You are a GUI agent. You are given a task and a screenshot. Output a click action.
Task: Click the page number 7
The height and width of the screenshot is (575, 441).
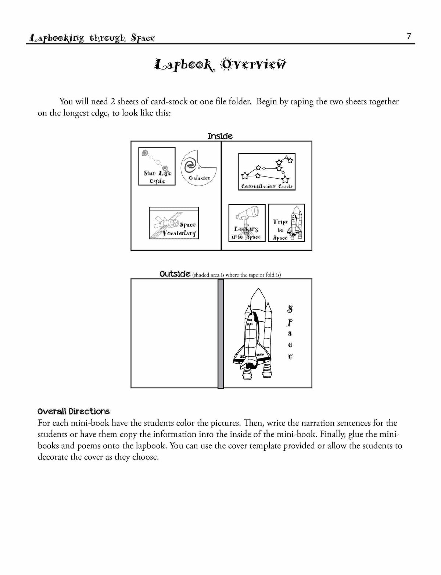[409, 36]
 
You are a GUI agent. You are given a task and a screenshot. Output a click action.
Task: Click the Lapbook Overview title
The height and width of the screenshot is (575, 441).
[220, 65]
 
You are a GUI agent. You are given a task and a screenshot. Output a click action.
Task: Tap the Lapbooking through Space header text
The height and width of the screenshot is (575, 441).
[92, 38]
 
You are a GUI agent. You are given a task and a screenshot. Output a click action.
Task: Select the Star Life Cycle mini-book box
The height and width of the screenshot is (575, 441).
[157, 167]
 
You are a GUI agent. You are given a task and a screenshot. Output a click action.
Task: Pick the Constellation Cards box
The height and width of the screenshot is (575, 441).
[267, 172]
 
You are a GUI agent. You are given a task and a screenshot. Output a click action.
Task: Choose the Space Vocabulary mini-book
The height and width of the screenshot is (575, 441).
[174, 223]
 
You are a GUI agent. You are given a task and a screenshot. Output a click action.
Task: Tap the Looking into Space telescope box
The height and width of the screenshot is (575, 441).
[247, 223]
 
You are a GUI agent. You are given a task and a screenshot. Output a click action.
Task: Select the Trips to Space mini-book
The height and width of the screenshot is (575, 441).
[286, 223]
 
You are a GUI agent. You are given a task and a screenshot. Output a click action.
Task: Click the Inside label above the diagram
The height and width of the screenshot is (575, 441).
[220, 136]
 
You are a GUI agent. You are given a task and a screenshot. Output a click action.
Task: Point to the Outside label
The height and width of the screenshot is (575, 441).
[175, 274]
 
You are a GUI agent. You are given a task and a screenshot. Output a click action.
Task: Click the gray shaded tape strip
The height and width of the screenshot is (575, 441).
[220, 333]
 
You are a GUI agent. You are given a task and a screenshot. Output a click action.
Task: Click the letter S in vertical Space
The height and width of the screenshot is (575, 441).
[290, 310]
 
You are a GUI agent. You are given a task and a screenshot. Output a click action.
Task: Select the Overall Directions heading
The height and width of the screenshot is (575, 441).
[73, 411]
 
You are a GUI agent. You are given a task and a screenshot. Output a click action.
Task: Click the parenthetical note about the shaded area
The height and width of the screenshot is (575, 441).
[236, 275]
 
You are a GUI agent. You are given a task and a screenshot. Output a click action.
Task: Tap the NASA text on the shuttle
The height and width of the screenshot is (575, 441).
[259, 354]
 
